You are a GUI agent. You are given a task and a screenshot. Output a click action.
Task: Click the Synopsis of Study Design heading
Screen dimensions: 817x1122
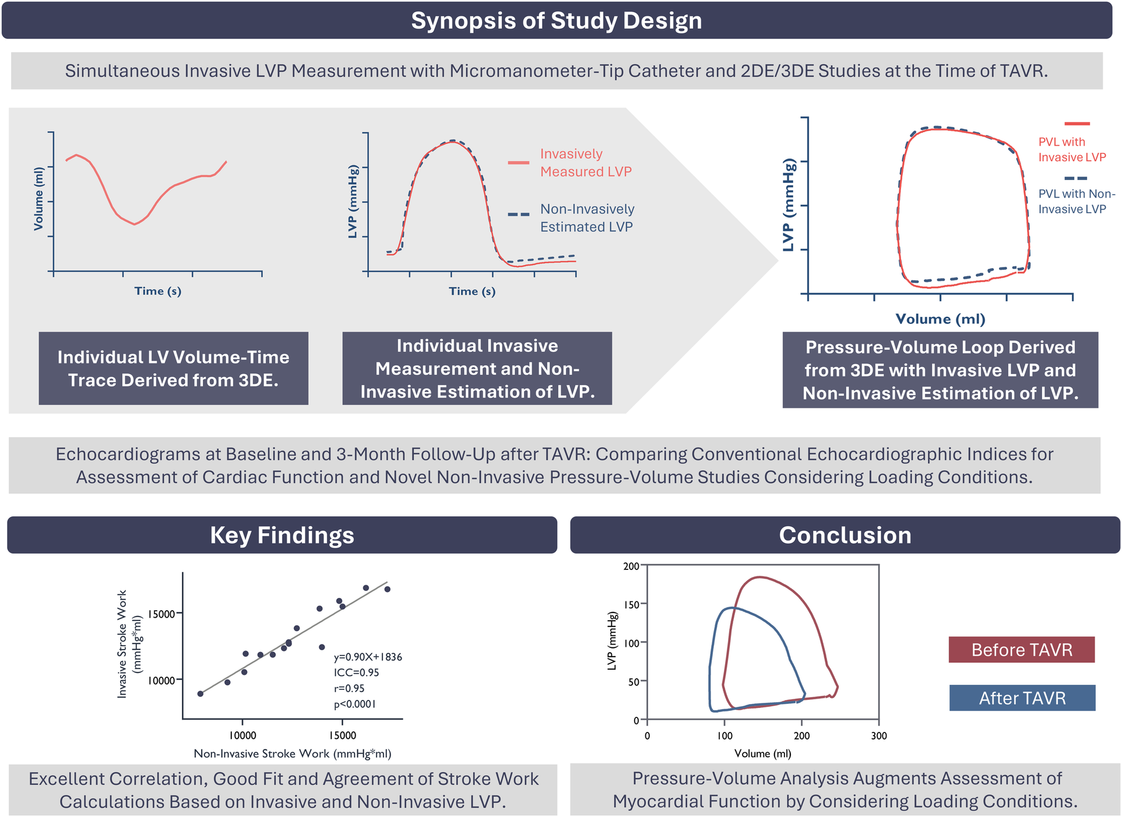[556, 20]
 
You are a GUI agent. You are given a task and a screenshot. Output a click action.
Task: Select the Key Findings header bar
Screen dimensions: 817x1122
[282, 535]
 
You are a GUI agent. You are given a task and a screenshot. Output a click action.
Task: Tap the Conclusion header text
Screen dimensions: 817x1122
[845, 535]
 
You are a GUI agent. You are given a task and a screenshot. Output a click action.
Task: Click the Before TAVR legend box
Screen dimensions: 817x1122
[1021, 650]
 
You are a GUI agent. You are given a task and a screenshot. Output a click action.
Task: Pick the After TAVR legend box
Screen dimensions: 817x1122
[1022, 698]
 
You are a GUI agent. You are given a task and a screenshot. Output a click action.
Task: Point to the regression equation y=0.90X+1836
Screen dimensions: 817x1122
[368, 657]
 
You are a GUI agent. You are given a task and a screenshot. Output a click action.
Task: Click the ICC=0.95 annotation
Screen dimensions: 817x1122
[356, 672]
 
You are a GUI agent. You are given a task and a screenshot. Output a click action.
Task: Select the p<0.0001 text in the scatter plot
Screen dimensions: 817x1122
[354, 704]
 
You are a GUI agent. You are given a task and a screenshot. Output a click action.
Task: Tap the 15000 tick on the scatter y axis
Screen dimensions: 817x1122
[161, 614]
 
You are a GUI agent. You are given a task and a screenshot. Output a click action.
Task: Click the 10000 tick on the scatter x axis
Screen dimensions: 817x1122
[242, 735]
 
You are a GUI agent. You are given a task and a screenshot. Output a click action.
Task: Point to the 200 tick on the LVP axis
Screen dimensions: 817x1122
[631, 566]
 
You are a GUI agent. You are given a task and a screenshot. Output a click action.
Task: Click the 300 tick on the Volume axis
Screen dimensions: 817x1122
[878, 736]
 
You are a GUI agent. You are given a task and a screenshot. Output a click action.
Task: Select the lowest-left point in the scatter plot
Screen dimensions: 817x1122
[201, 693]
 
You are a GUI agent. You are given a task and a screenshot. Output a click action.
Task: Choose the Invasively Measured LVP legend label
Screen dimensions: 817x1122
[585, 163]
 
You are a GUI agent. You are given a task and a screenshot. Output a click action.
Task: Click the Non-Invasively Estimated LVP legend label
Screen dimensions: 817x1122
[586, 218]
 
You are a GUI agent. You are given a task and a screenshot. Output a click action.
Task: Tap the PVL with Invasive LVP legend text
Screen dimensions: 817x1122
[1071, 149]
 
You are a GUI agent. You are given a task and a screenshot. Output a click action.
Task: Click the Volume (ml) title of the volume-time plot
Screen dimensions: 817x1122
[38, 199]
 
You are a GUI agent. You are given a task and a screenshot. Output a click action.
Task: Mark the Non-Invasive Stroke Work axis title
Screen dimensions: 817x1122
[292, 753]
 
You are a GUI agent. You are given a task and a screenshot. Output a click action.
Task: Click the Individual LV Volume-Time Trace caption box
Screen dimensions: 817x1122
[173, 368]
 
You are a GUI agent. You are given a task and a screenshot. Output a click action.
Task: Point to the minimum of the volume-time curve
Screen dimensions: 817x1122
[135, 224]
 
